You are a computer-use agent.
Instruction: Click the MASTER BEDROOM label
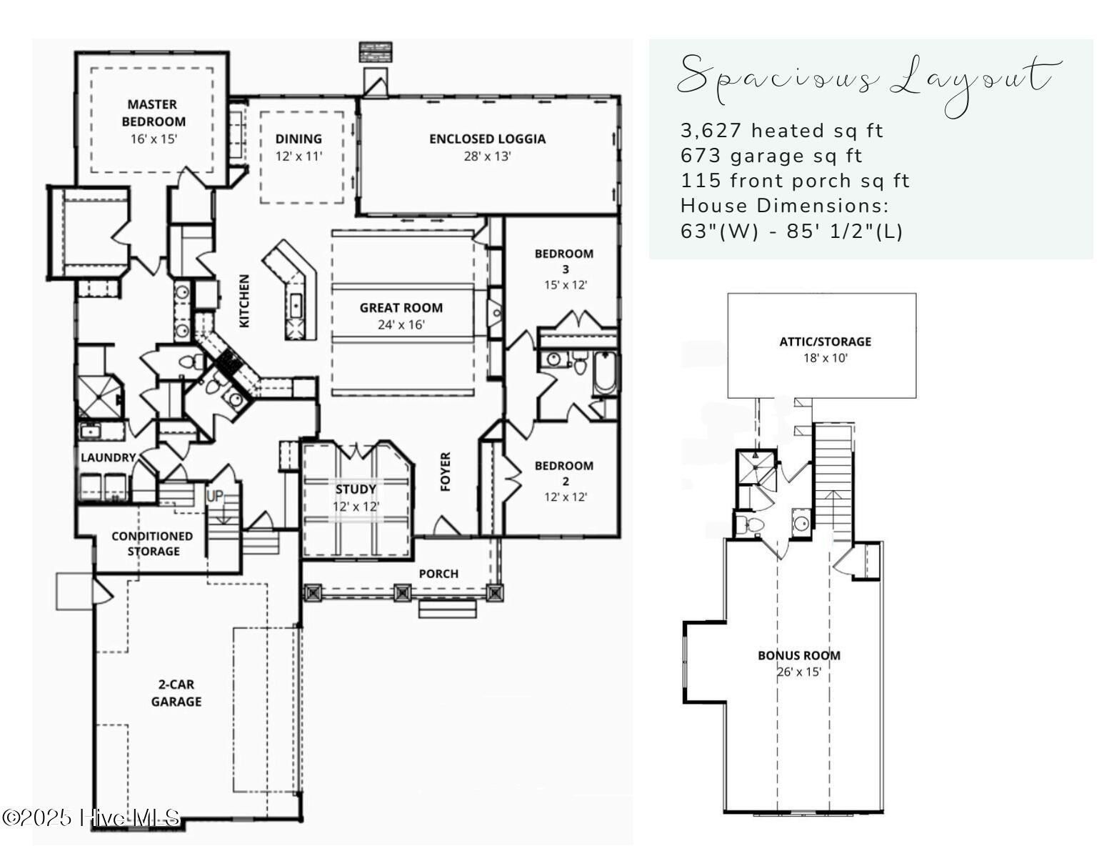click(153, 113)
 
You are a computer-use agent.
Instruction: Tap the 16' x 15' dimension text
click(153, 139)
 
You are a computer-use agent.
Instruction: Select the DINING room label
click(298, 139)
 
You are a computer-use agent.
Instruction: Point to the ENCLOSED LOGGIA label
click(487, 139)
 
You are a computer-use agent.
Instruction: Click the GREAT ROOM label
click(401, 308)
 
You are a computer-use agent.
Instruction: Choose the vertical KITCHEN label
click(244, 301)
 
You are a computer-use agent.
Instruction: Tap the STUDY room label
click(356, 489)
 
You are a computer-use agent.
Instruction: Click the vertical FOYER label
click(446, 472)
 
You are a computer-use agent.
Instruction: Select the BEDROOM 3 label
click(563, 261)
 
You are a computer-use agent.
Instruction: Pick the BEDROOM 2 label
click(563, 473)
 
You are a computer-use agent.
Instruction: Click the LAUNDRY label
click(108, 457)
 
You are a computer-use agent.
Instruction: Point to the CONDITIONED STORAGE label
click(152, 544)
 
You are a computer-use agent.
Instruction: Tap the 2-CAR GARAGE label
click(176, 693)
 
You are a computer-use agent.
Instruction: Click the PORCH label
click(438, 574)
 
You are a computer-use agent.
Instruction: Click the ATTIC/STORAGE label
click(825, 342)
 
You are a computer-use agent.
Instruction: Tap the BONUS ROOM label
click(798, 655)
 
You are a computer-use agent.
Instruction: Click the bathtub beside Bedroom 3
click(605, 374)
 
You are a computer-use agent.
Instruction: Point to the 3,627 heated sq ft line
click(781, 131)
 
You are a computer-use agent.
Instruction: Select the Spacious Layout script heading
click(868, 80)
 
